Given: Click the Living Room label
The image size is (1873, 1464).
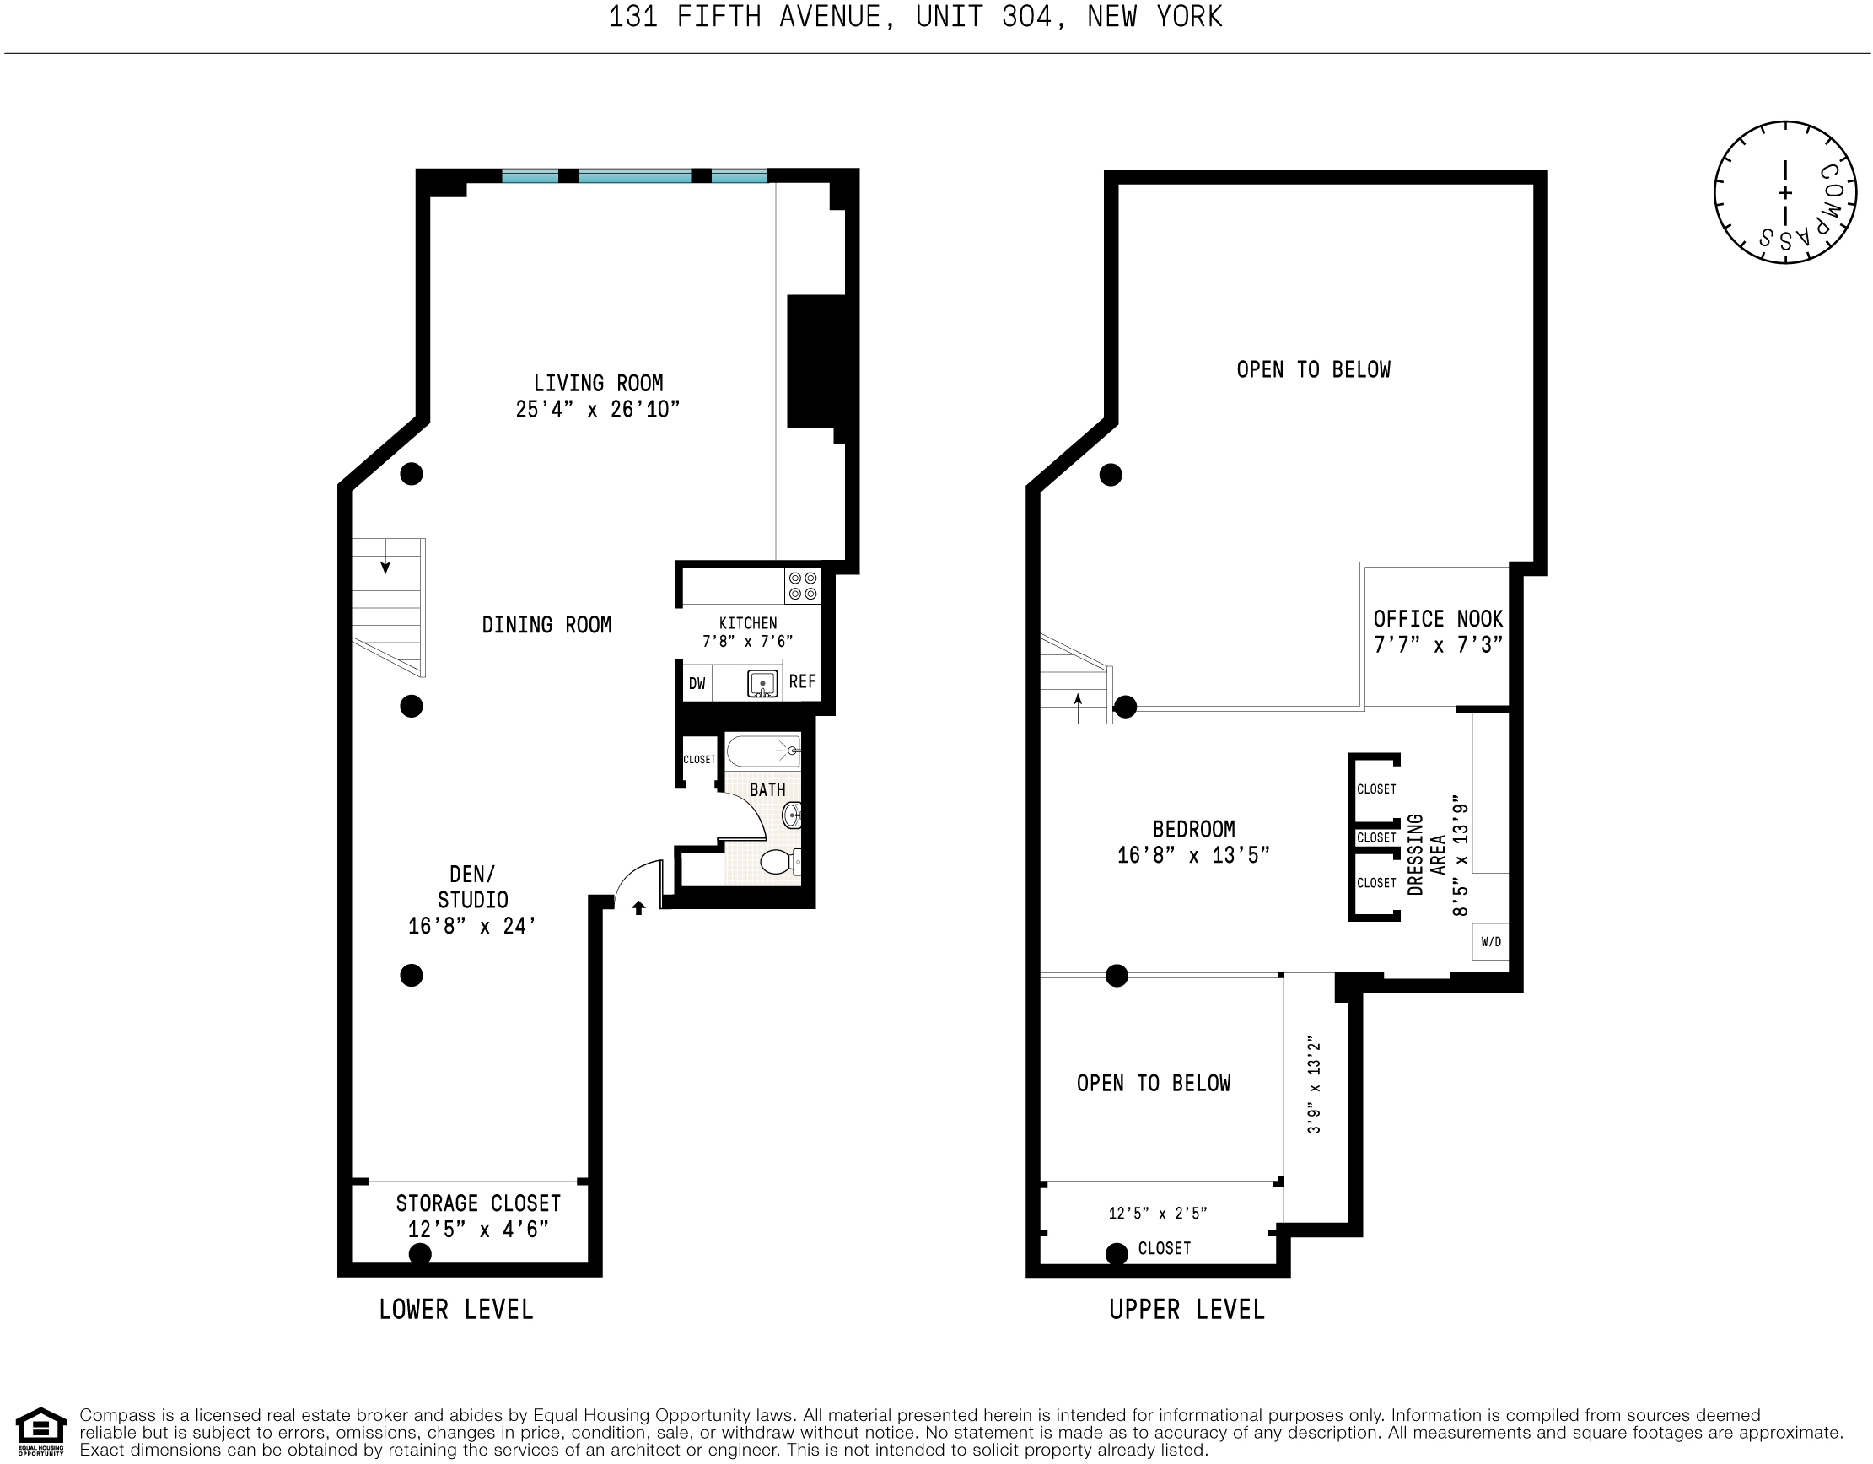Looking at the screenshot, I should pos(598,384).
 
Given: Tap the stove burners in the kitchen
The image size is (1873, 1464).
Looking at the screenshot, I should pos(803,587).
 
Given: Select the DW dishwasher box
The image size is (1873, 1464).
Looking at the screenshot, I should pos(697,684).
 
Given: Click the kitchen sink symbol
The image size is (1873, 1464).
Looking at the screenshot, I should pos(762,684).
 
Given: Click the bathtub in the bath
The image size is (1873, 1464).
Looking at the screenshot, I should pos(763,751).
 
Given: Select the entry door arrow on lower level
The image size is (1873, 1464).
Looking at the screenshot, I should pos(638,907).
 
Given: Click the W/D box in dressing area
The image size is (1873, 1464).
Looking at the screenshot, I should pos(1490,942).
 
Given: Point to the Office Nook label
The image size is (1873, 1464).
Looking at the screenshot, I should pos(1437,619).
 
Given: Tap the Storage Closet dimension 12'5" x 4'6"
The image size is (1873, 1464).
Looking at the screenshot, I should pos(477,1230).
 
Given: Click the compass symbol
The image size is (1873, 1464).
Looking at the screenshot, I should pos(1785,193).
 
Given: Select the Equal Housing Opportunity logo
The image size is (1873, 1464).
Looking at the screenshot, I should pos(40,1432).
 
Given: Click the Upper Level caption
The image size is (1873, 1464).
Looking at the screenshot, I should pos(1186,1310).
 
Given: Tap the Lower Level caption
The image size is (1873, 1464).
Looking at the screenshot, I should pos(456,1310).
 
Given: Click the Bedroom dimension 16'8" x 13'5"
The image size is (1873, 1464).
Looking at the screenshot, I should pos(1193,855).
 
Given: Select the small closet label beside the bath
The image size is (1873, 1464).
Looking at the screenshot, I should pos(699,759).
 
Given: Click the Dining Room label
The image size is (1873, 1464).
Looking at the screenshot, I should pos(546,624).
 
